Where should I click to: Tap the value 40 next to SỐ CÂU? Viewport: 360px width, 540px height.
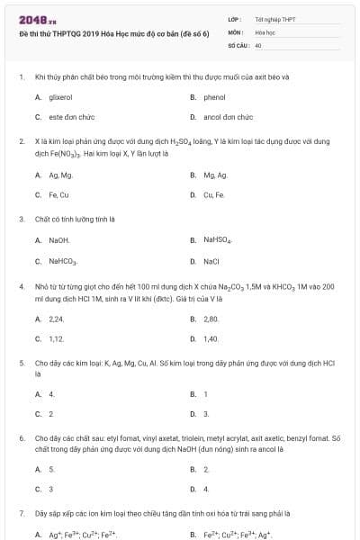pyautogui.click(x=258, y=44)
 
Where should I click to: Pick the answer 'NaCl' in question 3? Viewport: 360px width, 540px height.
pyautogui.click(x=211, y=261)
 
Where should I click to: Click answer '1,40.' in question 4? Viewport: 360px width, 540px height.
pyautogui.click(x=211, y=338)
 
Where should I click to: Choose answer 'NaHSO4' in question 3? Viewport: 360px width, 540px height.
pyautogui.click(x=218, y=240)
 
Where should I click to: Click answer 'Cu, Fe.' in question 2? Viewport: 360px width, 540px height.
pyautogui.click(x=214, y=194)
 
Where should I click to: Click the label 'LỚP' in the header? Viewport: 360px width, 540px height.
pyautogui.click(x=234, y=19)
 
